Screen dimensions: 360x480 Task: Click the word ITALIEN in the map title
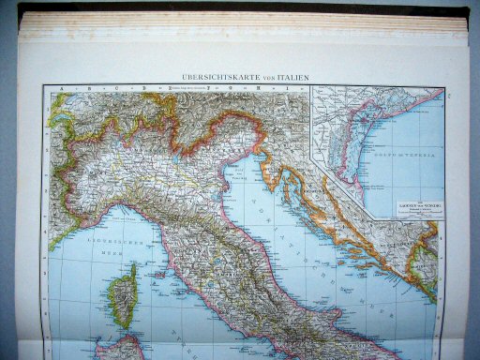(292, 77)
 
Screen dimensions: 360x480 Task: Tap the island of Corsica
(121, 296)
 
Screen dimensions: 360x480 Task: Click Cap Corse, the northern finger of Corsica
(131, 269)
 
